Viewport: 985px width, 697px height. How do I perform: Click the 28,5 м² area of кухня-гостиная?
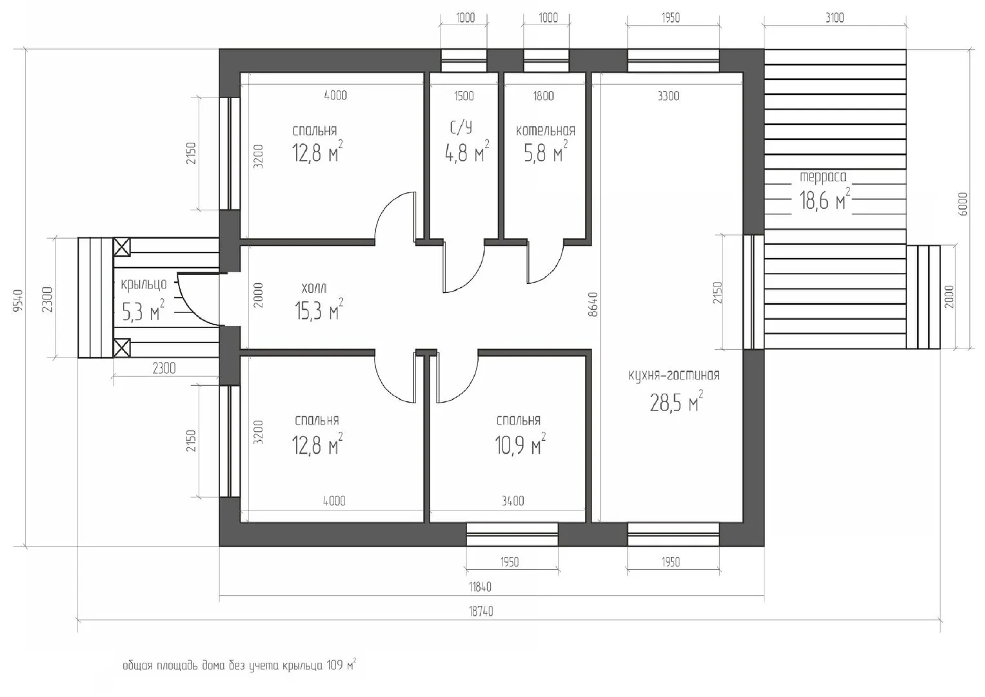pyautogui.click(x=676, y=401)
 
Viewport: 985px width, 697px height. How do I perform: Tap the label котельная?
pyautogui.click(x=545, y=130)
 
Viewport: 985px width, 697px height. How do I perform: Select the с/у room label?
pyautogui.click(x=461, y=128)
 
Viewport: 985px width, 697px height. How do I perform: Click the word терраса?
pyautogui.click(x=822, y=177)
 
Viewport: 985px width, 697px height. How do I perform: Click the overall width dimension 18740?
pyautogui.click(x=481, y=611)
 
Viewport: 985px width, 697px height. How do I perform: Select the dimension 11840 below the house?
pyautogui.click(x=480, y=587)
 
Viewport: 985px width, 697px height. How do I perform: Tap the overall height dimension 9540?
pyautogui.click(x=17, y=301)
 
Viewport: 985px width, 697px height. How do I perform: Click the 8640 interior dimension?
pyautogui.click(x=593, y=304)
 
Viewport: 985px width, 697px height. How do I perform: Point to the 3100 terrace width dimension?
pyautogui.click(x=835, y=17)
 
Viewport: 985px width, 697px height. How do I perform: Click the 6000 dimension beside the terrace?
pyautogui.click(x=962, y=204)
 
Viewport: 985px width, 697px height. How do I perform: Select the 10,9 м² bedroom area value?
pyautogui.click(x=520, y=445)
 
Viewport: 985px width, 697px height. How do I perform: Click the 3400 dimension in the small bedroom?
pyautogui.click(x=513, y=501)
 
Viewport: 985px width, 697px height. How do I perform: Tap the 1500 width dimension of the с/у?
pyautogui.click(x=464, y=96)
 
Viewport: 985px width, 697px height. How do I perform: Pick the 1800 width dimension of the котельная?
pyautogui.click(x=544, y=96)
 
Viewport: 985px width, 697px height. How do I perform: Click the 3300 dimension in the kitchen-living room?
pyautogui.click(x=668, y=96)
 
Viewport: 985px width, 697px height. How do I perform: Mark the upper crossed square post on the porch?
pyautogui.click(x=122, y=247)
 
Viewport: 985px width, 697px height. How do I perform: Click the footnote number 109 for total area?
pyautogui.click(x=335, y=665)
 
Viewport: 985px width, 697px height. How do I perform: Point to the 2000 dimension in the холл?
pyautogui.click(x=259, y=295)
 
